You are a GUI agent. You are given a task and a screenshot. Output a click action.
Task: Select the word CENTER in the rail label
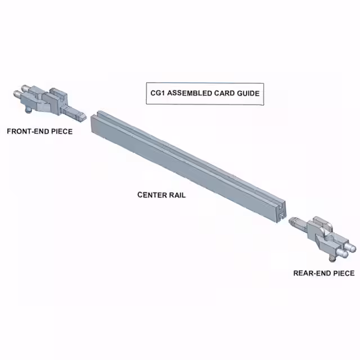click(152, 195)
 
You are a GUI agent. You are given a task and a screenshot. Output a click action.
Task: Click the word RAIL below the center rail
click(177, 195)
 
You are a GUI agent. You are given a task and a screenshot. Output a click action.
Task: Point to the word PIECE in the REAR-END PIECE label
click(344, 273)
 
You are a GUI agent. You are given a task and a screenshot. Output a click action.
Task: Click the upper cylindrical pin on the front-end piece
click(26, 88)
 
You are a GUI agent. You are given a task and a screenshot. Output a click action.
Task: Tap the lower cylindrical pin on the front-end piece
click(18, 93)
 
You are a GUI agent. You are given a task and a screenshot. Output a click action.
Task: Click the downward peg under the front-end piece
click(29, 111)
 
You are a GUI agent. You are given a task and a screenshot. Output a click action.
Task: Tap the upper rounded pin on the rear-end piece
click(350, 247)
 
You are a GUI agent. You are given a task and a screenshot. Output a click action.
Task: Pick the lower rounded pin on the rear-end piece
click(342, 253)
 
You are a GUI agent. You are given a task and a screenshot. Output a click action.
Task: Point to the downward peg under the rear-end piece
click(332, 259)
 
